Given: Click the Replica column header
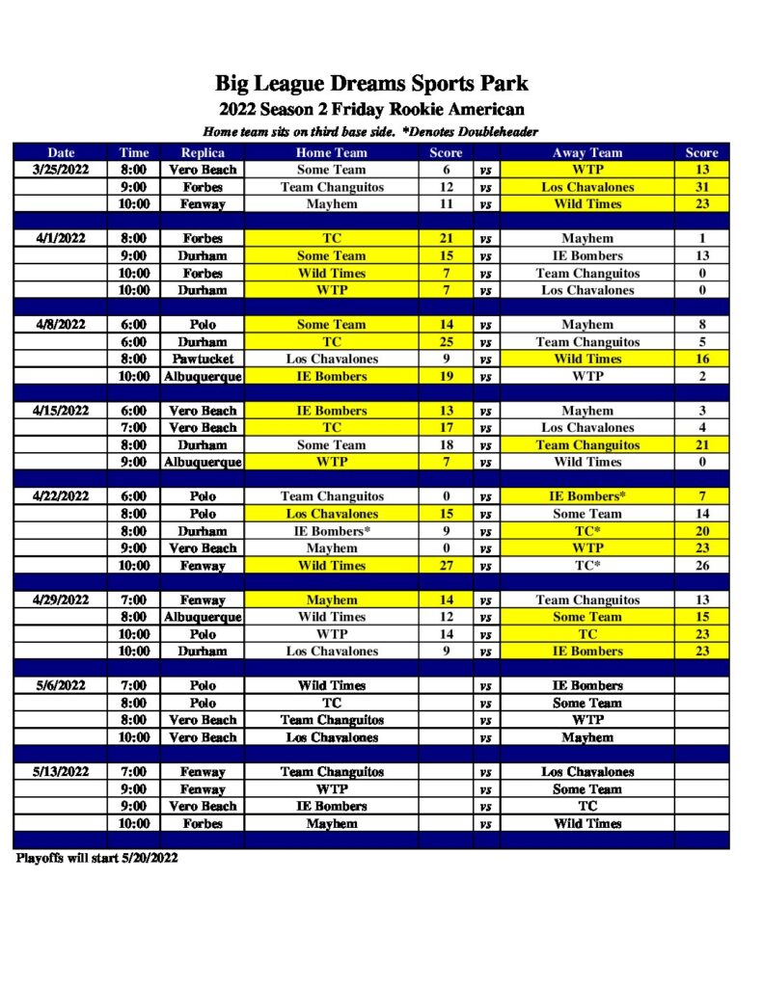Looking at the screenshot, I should [x=203, y=152].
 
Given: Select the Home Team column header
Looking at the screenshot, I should [x=331, y=152].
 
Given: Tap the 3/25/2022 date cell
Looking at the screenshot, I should [x=61, y=170].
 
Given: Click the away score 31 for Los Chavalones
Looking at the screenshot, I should [x=701, y=187].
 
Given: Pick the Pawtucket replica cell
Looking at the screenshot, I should [x=203, y=359].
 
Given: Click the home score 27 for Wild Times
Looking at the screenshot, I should [x=446, y=566].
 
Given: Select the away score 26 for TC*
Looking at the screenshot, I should [x=701, y=566].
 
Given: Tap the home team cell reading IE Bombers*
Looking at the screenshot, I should [x=331, y=531].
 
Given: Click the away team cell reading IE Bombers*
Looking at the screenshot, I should [x=587, y=496].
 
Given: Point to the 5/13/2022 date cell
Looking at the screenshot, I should [x=61, y=772].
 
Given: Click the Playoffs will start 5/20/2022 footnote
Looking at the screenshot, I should [x=96, y=858].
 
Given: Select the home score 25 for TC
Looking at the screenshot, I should [x=446, y=341].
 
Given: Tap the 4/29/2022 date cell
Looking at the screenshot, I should [x=61, y=600].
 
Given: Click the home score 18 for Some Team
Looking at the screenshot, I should [x=446, y=445].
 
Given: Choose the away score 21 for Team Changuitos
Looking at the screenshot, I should [x=701, y=445].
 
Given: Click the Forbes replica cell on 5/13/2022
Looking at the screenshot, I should [x=203, y=824].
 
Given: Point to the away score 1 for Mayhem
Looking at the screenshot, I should [x=701, y=238].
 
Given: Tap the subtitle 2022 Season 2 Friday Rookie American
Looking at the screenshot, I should [x=371, y=109].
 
